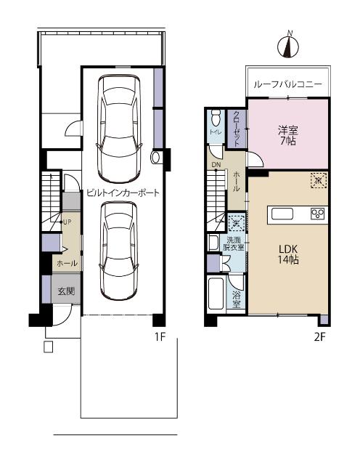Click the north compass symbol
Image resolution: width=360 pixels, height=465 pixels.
[289, 46]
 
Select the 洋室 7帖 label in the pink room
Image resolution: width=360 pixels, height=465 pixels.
[287, 136]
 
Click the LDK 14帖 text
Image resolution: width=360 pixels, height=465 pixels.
[289, 254]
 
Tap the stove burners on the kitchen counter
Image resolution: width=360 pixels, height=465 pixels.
[318, 213]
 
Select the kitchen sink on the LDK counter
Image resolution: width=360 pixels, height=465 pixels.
[282, 213]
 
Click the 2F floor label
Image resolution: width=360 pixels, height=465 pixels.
[319, 337]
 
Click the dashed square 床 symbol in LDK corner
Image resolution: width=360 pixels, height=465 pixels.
[318, 179]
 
